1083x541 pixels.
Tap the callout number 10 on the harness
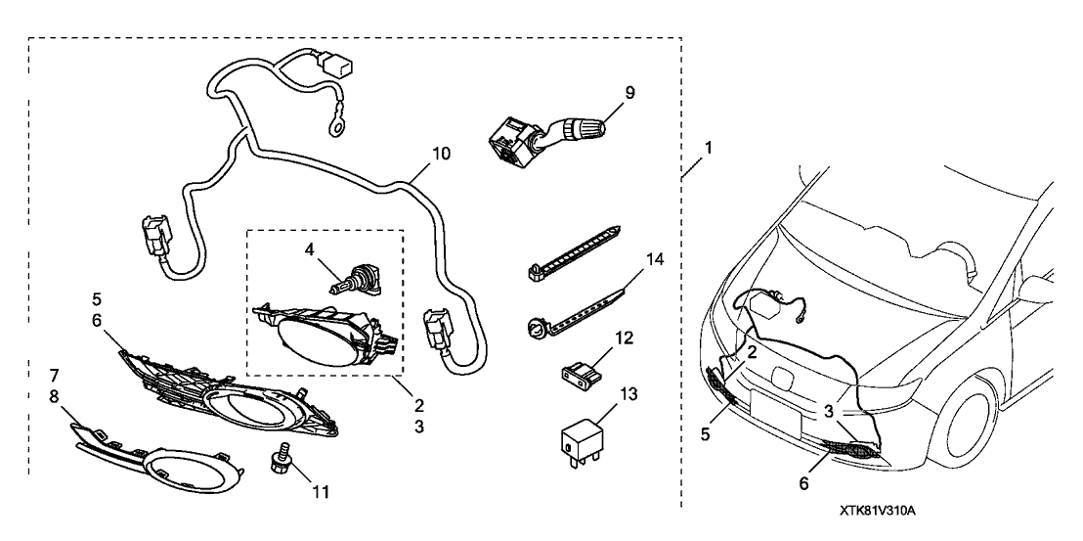(x=441, y=156)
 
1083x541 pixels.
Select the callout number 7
(x=55, y=375)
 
